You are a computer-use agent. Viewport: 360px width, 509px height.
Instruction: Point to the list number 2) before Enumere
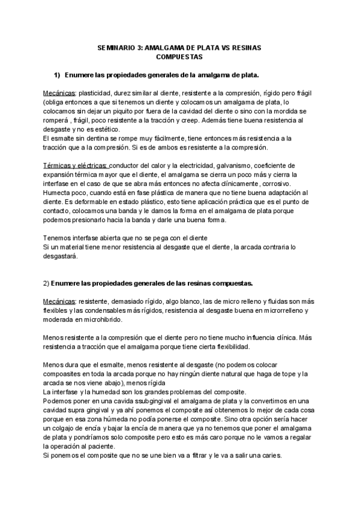pyautogui.click(x=46, y=282)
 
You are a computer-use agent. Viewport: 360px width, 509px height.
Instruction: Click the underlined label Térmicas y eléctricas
pyautogui.click(x=76, y=165)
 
